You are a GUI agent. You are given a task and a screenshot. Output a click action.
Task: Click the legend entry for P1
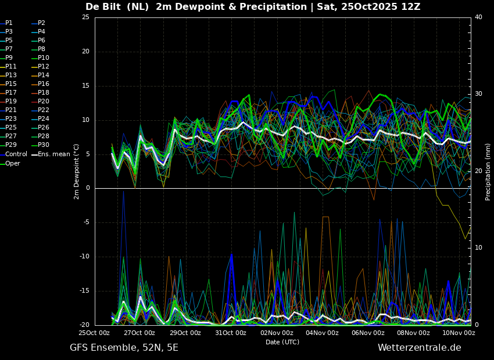[x=6, y=23]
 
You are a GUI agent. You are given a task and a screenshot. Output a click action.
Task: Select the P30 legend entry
[x=41, y=145]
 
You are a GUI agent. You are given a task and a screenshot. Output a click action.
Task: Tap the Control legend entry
[x=13, y=154]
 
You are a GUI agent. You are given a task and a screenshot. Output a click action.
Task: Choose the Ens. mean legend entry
[x=51, y=154]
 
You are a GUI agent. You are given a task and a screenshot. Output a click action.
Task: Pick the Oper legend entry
[x=10, y=163]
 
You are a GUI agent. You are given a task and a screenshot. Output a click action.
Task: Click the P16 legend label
[x=41, y=84]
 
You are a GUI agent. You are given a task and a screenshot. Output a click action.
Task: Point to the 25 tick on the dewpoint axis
[x=85, y=17]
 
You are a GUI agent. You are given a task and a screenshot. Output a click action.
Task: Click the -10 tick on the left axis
[x=84, y=257]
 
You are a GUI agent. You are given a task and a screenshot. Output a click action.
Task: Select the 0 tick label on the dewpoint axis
[x=88, y=188]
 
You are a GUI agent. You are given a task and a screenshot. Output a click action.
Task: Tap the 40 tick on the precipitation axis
[x=478, y=17]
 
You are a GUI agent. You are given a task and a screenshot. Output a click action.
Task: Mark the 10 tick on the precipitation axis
[x=478, y=248]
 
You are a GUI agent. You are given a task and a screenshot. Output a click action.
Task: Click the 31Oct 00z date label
[x=231, y=333]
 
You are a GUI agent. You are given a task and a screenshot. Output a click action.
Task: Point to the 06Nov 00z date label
[x=367, y=333]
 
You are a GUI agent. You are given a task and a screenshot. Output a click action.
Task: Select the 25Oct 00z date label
[x=94, y=333]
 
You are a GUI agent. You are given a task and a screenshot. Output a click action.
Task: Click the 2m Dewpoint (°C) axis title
[x=76, y=172]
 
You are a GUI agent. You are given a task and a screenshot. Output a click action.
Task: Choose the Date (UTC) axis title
[x=282, y=342]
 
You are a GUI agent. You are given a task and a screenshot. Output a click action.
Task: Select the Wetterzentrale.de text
[x=420, y=348]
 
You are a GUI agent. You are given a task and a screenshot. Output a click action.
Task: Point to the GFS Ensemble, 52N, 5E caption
[x=124, y=348]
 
